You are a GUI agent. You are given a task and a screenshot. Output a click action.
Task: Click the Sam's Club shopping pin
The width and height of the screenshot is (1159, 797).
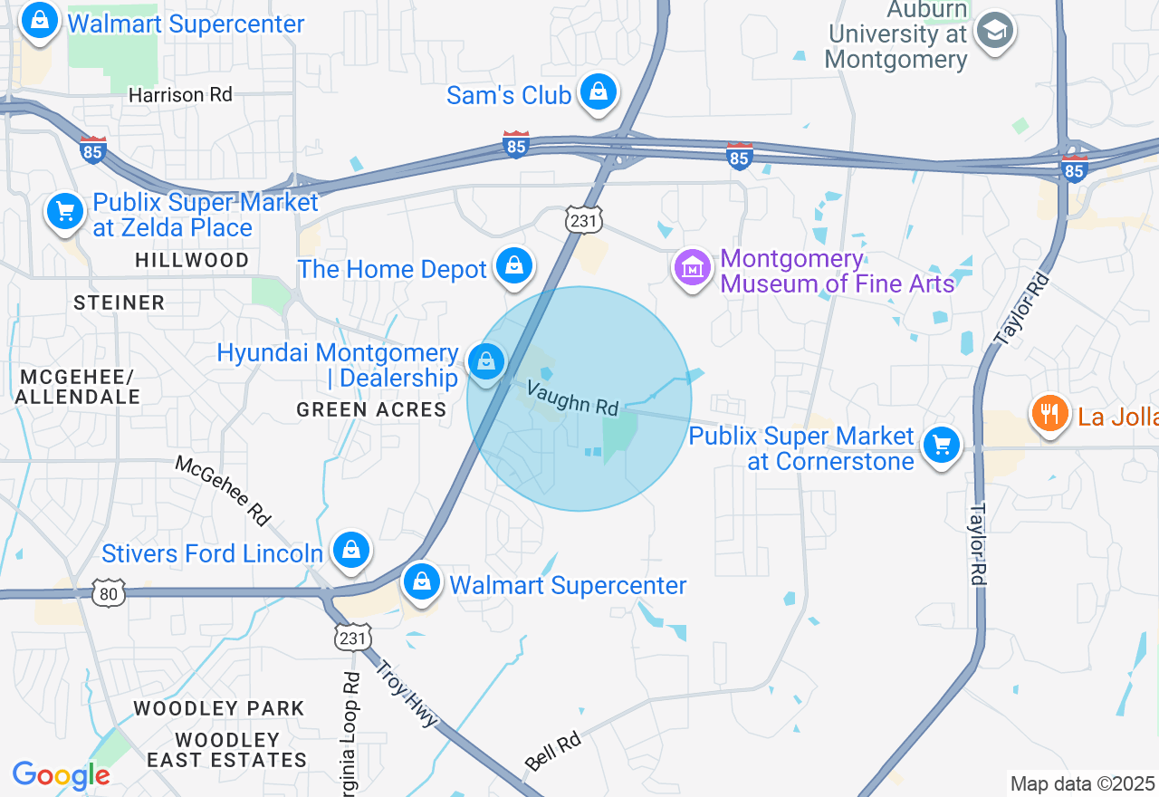[x=598, y=91]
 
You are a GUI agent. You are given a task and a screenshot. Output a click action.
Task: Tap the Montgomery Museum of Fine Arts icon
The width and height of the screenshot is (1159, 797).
[x=693, y=268]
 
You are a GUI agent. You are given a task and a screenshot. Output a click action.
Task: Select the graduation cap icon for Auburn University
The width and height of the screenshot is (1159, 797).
[x=995, y=32]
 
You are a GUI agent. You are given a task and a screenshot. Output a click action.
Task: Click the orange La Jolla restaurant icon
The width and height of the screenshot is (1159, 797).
[x=1049, y=414]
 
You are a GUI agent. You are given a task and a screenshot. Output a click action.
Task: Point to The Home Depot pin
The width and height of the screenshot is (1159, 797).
[x=514, y=266]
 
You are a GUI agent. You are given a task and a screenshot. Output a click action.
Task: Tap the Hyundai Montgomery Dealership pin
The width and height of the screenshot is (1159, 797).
[x=486, y=362]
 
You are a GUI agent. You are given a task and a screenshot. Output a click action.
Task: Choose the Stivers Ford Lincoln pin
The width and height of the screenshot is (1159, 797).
[x=350, y=550]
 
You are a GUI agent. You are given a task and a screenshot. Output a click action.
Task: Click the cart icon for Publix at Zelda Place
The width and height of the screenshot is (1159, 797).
[x=65, y=212]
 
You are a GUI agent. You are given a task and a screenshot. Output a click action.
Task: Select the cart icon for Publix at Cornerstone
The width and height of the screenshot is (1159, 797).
[x=942, y=446]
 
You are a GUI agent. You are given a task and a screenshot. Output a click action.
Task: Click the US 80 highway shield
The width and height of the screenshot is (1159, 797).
[x=109, y=594]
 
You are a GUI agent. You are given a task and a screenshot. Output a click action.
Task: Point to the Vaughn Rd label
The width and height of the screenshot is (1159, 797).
[x=572, y=398]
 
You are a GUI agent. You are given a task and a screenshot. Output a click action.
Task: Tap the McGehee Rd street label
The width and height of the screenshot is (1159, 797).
[x=224, y=490]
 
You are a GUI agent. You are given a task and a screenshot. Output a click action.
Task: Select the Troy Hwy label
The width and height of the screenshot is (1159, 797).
[x=407, y=693]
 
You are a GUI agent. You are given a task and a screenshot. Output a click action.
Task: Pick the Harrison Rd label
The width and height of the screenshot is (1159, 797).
[x=180, y=94]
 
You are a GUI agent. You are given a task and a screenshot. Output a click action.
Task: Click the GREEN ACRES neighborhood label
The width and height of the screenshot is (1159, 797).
[x=371, y=409]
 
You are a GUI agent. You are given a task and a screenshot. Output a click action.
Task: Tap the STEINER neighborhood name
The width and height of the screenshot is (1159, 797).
[x=120, y=302]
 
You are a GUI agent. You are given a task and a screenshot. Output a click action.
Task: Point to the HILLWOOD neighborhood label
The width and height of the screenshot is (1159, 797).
[x=192, y=260]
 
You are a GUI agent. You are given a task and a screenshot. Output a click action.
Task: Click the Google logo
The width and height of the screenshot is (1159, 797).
[x=61, y=775]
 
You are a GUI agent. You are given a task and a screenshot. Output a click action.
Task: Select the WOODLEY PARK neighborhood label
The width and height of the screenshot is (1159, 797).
[x=219, y=708]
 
